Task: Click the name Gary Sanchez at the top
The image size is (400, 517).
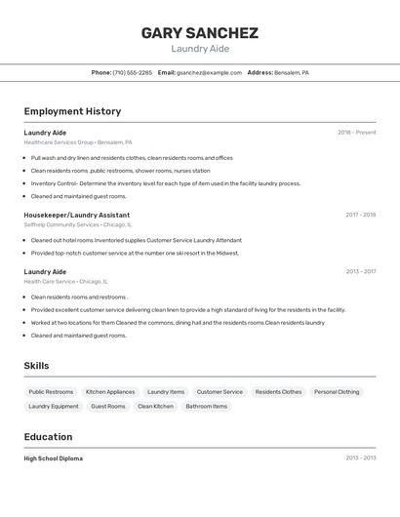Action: (199, 33)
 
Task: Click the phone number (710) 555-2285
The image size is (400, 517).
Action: (132, 72)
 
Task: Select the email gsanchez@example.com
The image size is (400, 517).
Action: (209, 72)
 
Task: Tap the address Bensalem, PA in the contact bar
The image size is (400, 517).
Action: (291, 72)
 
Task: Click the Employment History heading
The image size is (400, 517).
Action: (72, 111)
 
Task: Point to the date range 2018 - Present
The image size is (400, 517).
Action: (356, 133)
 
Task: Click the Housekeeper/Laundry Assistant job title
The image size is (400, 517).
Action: (76, 215)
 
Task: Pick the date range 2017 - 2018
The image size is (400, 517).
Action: (360, 215)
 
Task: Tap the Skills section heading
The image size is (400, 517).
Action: (36, 366)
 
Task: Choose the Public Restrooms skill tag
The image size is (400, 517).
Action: (51, 391)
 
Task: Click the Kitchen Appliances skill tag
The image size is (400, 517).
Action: (110, 391)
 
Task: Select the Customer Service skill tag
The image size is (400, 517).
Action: (220, 391)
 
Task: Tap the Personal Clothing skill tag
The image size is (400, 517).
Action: (337, 391)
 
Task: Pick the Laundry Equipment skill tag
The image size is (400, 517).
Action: (54, 406)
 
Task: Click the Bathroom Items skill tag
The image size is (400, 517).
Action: (206, 406)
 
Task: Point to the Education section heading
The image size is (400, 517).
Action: (48, 437)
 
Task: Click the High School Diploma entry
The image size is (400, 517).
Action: (53, 458)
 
